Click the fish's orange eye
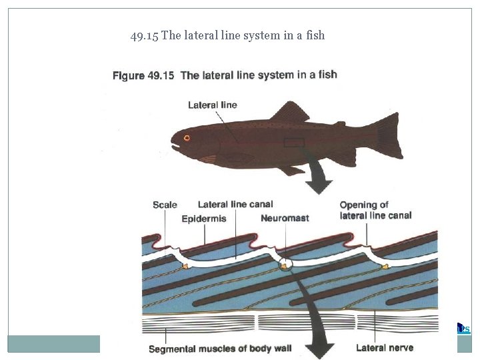pos(187,138)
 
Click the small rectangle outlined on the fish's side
pos(294,142)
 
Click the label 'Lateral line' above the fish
pos(213,105)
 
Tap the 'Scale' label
pos(165,205)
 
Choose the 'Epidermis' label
pos(204,218)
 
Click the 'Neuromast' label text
pos(285,218)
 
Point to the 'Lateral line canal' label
pos(235,205)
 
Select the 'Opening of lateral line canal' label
pos(375,210)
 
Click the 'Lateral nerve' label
pos(385,347)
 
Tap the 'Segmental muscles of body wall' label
pos(220,349)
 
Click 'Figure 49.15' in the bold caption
pos(143,75)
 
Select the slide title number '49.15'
pos(145,35)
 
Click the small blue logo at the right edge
pos(463,327)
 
